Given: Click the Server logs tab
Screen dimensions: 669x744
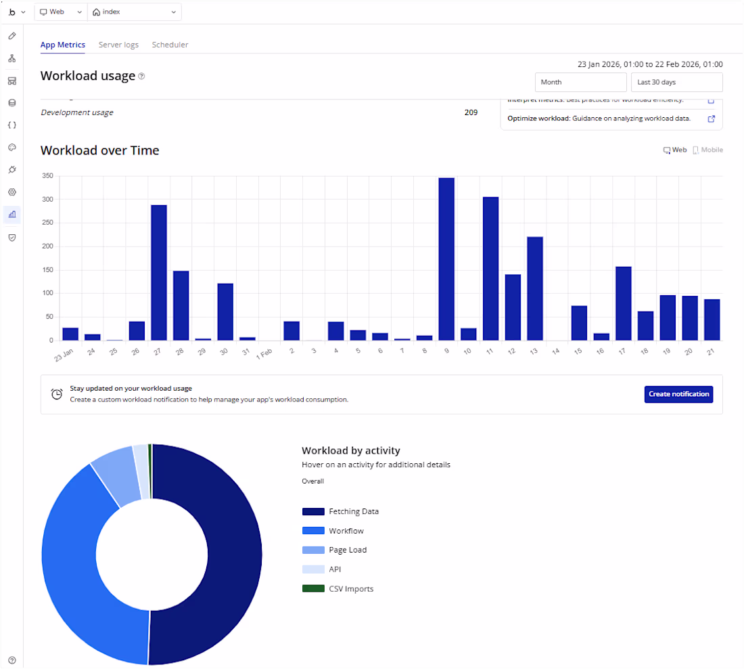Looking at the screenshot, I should tap(118, 45).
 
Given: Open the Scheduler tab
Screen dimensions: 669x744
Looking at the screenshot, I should tap(170, 45).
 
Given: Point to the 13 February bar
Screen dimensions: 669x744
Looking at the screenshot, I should tap(535, 288).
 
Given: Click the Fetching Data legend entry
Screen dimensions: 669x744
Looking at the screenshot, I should tap(354, 511).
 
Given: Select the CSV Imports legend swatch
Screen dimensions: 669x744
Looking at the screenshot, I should tap(313, 588).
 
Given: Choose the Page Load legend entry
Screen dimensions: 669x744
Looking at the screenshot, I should tap(348, 550).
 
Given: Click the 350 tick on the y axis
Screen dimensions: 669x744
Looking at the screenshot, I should tap(47, 176).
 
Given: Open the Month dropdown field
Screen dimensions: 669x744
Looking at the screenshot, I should tap(581, 82).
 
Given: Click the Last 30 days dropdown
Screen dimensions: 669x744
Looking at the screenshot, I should tap(676, 82).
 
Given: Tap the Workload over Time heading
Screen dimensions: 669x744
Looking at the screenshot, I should tap(100, 150).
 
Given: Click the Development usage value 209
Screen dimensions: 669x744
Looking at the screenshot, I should tap(471, 112).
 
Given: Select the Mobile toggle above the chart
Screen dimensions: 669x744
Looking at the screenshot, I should tap(707, 150).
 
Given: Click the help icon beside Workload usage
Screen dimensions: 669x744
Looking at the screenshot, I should tap(141, 77).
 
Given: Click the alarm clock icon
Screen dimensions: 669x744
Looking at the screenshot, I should tap(57, 394).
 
